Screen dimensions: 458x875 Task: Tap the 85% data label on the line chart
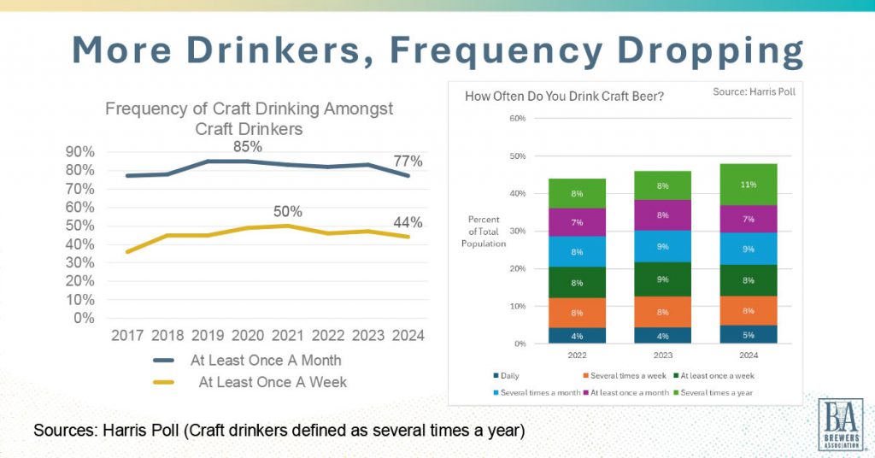[248, 146]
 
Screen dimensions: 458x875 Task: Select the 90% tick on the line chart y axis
[80, 151]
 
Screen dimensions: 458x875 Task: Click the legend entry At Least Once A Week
[273, 382]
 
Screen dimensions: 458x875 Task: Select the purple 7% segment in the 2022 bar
[577, 222]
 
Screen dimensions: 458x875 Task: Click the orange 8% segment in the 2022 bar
[577, 313]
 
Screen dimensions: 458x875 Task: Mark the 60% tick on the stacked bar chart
[516, 118]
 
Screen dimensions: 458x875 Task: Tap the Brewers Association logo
[841, 424]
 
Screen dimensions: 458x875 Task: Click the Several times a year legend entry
[718, 391]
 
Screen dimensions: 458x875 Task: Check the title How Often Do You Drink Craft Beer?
[564, 96]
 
